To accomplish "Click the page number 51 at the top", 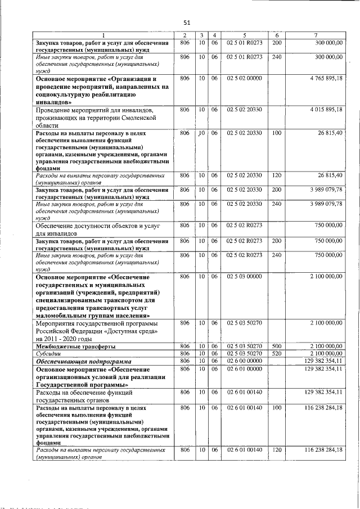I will [x=187, y=22].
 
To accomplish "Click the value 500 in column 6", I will [x=276, y=345].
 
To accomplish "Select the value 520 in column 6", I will [x=276, y=353].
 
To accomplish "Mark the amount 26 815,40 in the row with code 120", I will [x=328, y=175].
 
